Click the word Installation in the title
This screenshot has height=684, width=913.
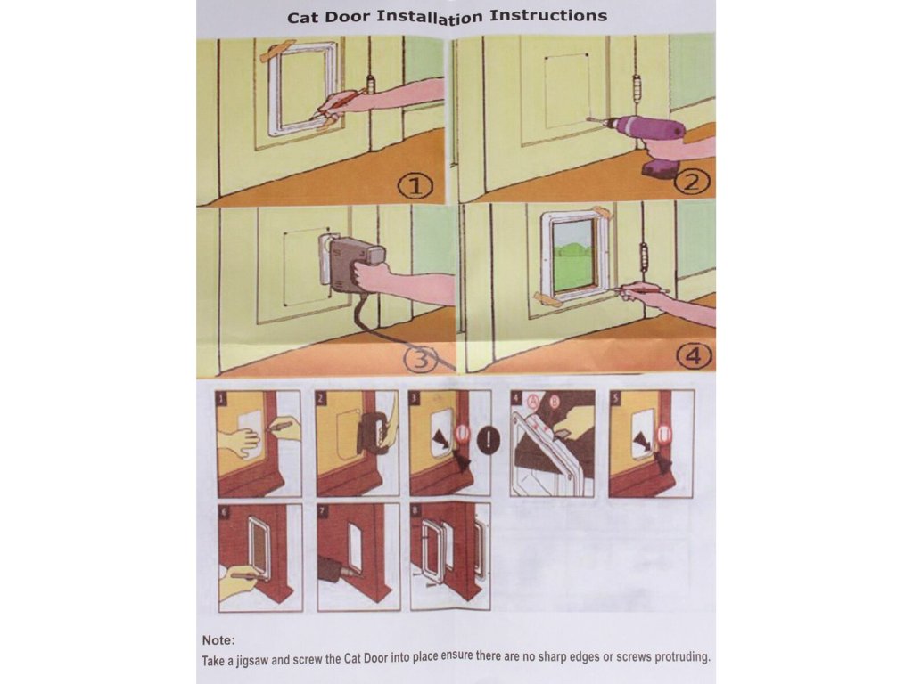[429, 17]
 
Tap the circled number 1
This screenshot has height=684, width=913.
[415, 186]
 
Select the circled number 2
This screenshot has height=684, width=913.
[691, 183]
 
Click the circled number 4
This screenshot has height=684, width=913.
[694, 355]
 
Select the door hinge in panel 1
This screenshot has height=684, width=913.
[368, 87]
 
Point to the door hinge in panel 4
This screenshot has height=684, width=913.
[644, 259]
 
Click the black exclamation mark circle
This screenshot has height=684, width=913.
[488, 439]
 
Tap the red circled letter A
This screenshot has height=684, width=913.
[533, 400]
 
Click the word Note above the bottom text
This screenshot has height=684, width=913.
[218, 640]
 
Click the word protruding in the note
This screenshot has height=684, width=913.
[682, 657]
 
